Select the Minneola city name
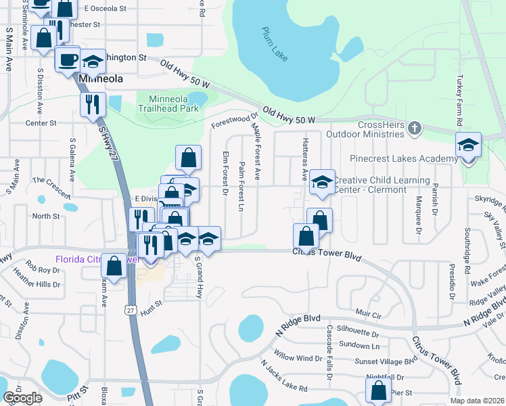point(101,78)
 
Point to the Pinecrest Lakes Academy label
point(403,158)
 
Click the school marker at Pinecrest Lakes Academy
point(468,146)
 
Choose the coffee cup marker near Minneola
point(67,60)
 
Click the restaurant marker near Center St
point(92,104)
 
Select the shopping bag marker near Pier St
point(378,391)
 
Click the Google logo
point(22,398)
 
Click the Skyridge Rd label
point(489,200)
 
